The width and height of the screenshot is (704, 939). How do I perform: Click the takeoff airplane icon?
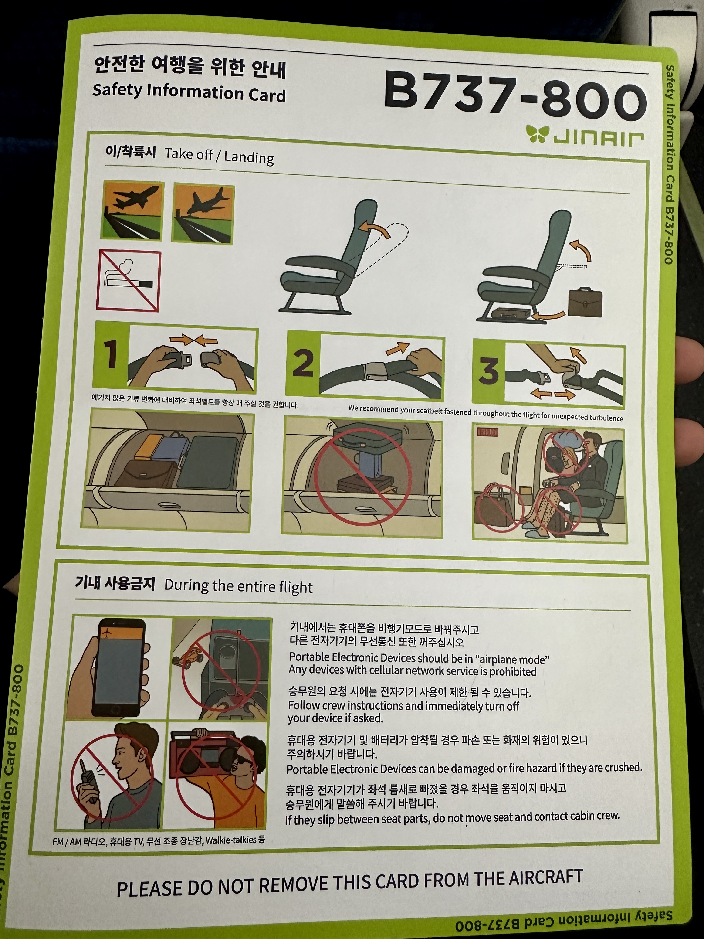[x=132, y=211]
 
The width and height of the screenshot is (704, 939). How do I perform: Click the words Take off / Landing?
[x=219, y=156]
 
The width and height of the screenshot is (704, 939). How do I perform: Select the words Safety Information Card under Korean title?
[x=189, y=92]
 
